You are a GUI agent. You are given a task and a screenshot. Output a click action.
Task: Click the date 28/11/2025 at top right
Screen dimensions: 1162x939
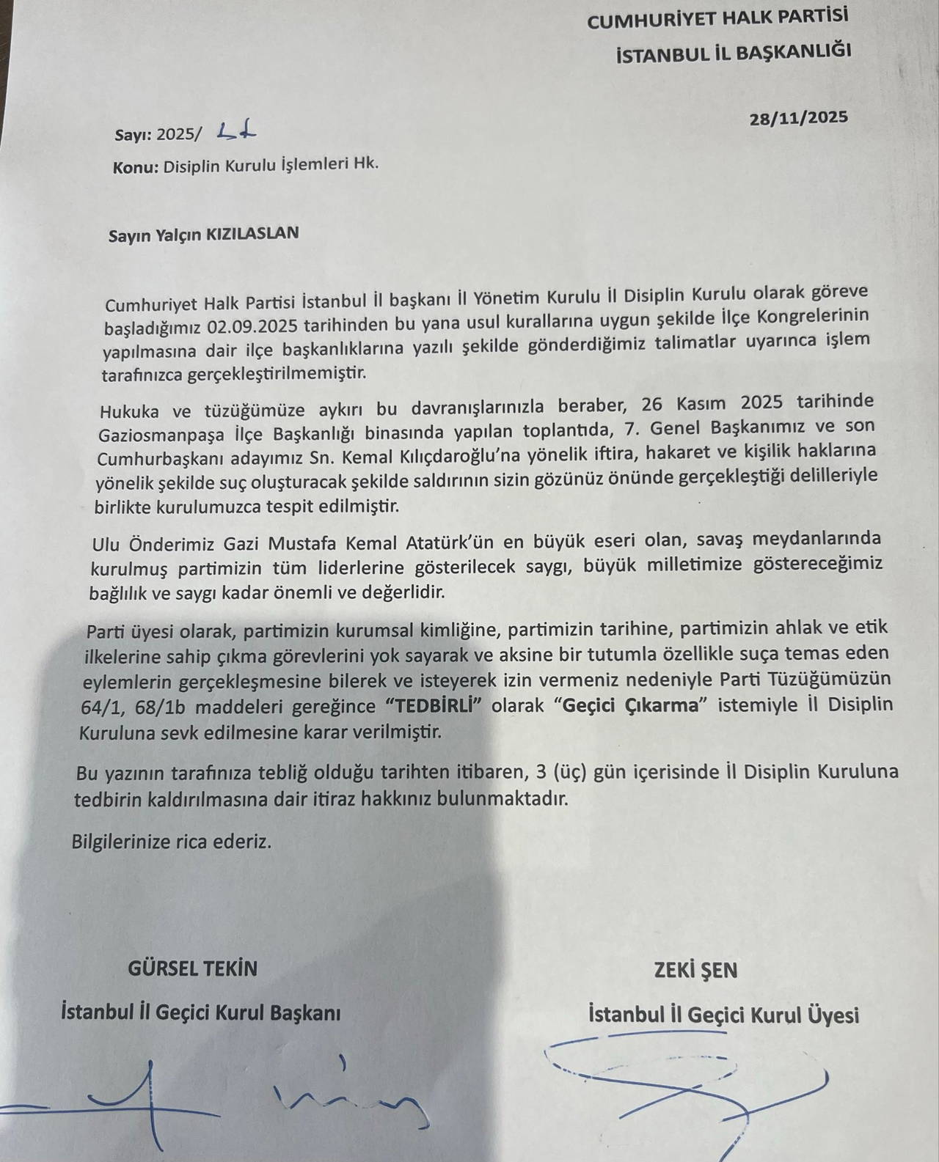[x=799, y=118]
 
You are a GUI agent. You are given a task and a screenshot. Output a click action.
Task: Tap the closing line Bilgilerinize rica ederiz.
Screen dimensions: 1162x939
[x=172, y=842]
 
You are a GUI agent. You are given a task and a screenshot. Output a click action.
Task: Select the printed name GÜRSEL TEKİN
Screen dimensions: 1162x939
[x=193, y=968]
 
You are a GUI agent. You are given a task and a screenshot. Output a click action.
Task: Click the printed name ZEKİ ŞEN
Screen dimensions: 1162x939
[x=695, y=971]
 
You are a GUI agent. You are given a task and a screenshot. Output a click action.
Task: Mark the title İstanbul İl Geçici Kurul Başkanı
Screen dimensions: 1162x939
[x=201, y=1013]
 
